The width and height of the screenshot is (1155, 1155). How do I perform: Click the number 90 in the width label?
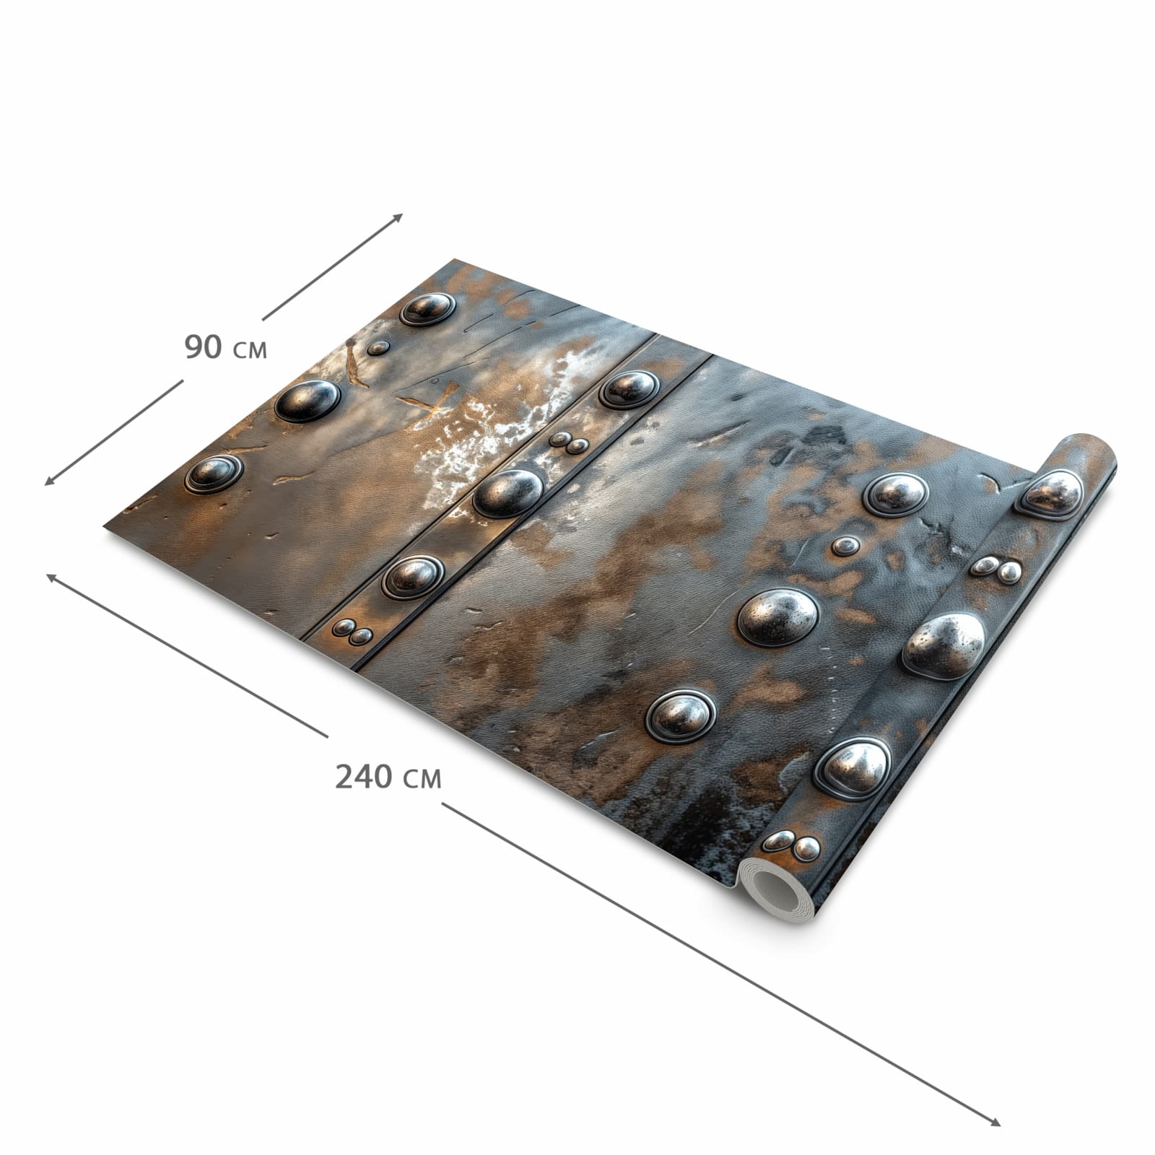click(x=203, y=347)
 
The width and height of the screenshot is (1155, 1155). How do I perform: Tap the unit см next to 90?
click(x=250, y=351)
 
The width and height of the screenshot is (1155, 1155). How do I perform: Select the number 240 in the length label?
click(x=364, y=777)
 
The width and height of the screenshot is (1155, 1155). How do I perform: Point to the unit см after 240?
click(x=422, y=780)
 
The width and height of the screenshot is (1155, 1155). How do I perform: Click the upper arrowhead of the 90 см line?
click(x=396, y=218)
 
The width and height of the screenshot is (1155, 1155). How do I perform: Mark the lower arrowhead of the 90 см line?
click(x=51, y=480)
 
